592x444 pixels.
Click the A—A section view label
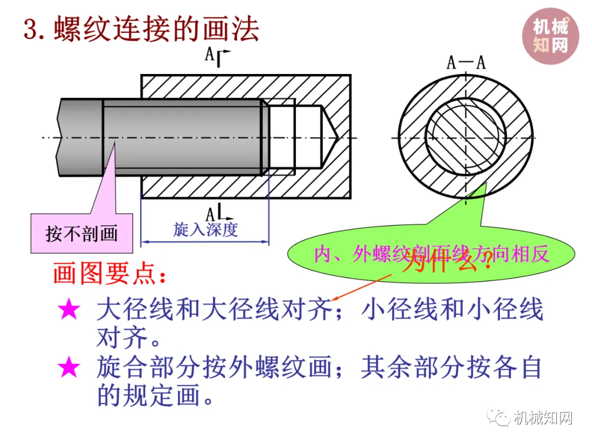click(x=466, y=62)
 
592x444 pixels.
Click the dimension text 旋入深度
click(x=206, y=229)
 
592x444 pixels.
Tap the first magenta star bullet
click(x=69, y=310)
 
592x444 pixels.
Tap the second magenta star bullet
click(x=69, y=367)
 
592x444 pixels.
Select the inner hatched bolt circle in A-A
click(x=465, y=137)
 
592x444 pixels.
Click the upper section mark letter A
click(x=209, y=54)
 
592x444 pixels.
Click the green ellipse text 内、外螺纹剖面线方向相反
click(x=431, y=254)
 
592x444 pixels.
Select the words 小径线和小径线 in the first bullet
click(x=452, y=310)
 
